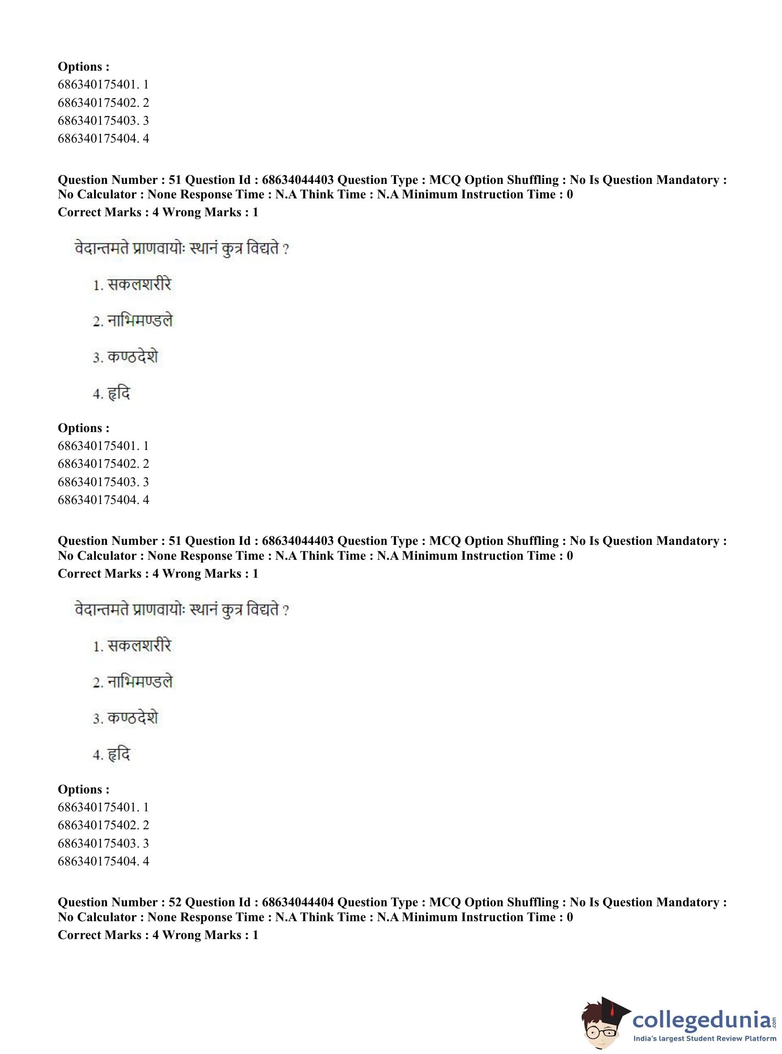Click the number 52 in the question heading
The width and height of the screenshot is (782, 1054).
(x=175, y=902)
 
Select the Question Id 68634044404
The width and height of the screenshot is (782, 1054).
(x=298, y=902)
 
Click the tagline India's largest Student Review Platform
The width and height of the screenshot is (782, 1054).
(x=705, y=1038)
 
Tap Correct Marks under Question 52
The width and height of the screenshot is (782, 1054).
(x=99, y=935)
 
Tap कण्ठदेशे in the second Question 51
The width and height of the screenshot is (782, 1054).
(x=132, y=718)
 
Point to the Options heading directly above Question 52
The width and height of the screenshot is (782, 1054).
(x=83, y=789)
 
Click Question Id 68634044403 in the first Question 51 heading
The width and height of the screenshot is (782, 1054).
(x=298, y=180)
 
